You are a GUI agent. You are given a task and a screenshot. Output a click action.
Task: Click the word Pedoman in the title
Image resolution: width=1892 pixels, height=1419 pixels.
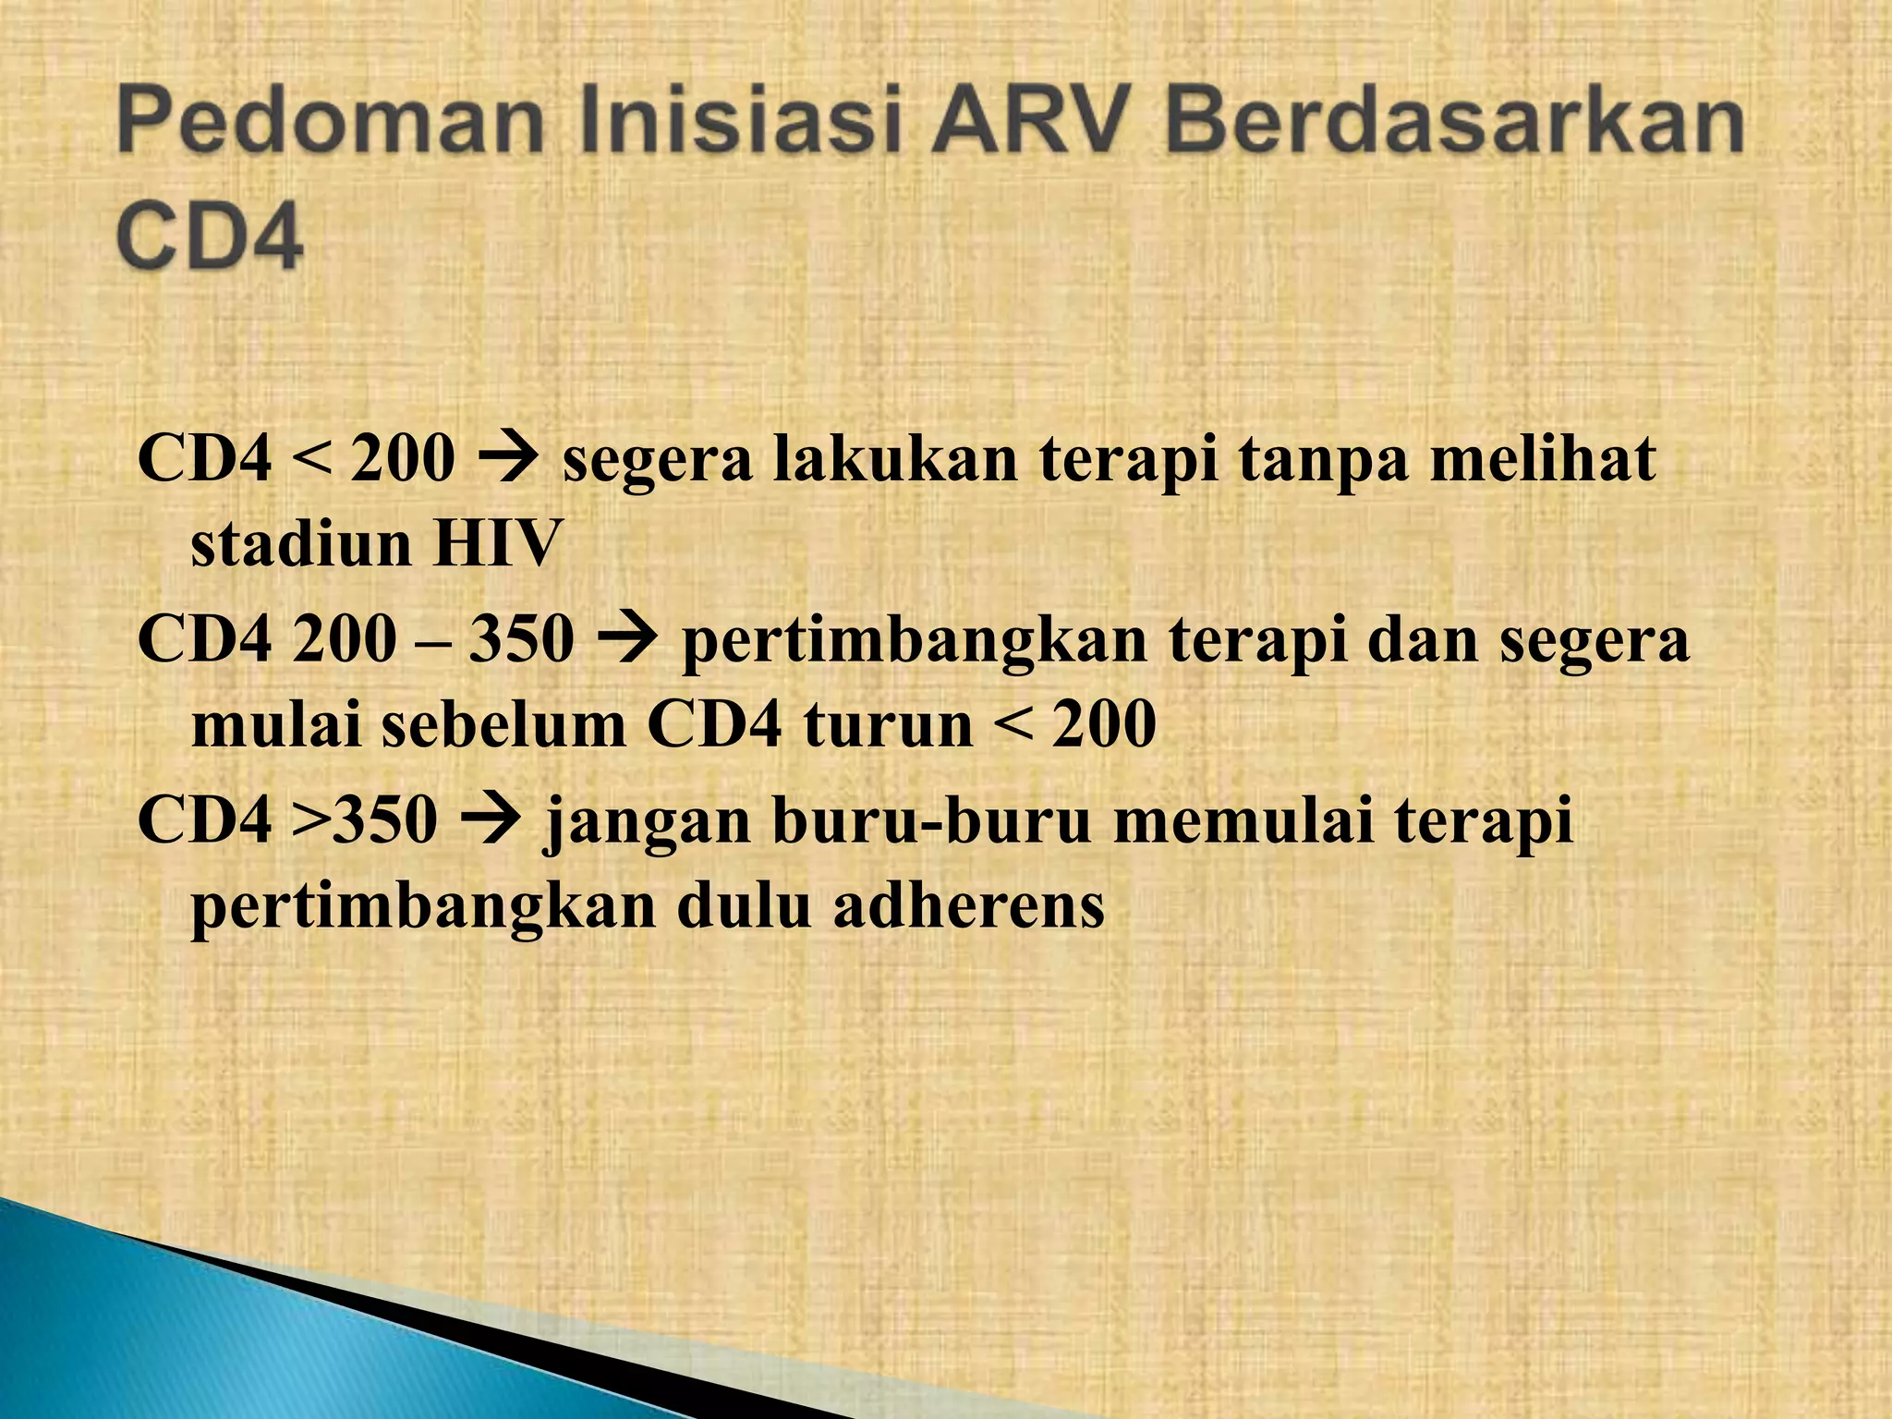(329, 127)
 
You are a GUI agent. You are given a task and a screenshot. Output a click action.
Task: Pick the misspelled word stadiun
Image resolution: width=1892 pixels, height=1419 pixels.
(301, 545)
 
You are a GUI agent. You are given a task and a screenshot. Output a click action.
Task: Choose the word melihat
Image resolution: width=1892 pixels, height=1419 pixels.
(1543, 459)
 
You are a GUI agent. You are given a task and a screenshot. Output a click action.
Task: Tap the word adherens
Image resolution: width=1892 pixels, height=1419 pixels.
(969, 906)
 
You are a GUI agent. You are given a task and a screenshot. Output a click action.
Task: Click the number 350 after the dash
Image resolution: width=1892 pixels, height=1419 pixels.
(522, 639)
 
